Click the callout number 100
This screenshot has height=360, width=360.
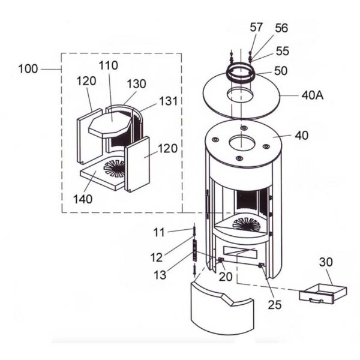click(x=28, y=69)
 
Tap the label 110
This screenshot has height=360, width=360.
click(x=110, y=65)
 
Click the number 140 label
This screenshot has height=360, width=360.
click(x=83, y=199)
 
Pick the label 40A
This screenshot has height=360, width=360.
click(x=311, y=95)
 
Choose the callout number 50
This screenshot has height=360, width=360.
click(x=280, y=71)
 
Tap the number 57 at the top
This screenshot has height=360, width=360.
click(x=257, y=27)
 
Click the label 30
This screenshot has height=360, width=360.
click(x=325, y=262)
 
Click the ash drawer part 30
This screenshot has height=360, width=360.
click(x=322, y=291)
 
